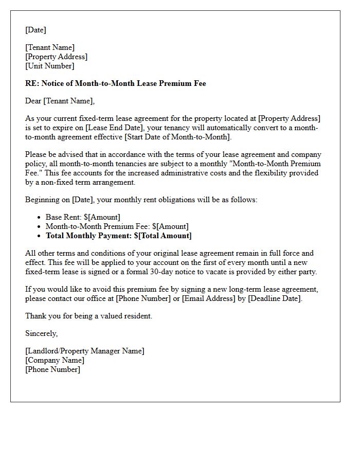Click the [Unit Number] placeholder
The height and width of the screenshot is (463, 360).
coord(50,66)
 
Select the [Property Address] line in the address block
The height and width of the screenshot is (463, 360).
coord(57,57)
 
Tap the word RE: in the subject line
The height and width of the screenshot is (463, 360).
coord(32,83)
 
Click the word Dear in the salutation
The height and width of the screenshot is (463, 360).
coord(33,101)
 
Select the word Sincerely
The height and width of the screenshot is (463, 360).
coord(41,333)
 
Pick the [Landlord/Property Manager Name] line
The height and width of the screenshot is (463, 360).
coord(85,351)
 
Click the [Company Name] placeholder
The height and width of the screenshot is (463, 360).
coord(55,360)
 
